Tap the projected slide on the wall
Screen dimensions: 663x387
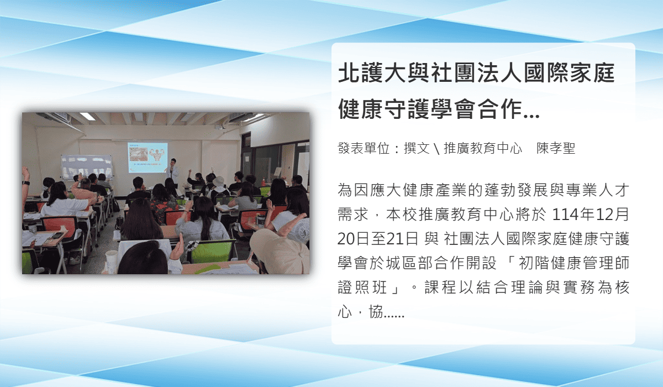coord(148,157)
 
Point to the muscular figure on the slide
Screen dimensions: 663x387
coord(157,155)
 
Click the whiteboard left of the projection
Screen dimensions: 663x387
coord(86,168)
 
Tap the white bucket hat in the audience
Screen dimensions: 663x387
coord(218,181)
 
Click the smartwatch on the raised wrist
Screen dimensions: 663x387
coord(26,182)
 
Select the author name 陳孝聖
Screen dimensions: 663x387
coord(556,148)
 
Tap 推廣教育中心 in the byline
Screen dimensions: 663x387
coord(483,148)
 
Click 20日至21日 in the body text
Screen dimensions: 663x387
coord(378,239)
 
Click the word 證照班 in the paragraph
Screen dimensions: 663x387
coord(362,287)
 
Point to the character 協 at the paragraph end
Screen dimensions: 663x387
coord(376,311)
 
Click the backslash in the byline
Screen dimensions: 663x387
coord(436,149)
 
